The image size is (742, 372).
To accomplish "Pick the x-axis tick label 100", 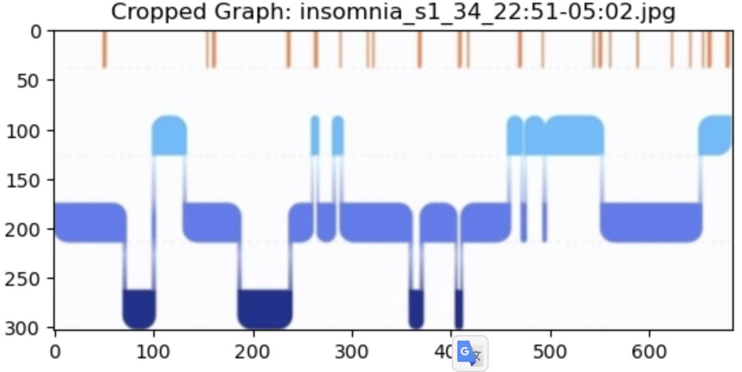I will (153, 353).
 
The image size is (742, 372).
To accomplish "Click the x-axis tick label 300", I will (352, 353).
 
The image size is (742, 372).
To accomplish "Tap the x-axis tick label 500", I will (550, 353).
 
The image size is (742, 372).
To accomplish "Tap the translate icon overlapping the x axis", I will (470, 353).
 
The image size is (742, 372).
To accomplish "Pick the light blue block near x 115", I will (169, 135).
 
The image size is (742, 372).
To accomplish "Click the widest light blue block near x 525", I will (574, 135).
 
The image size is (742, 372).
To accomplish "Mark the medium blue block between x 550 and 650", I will (651, 222).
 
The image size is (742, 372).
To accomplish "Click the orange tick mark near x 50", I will (104, 49).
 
